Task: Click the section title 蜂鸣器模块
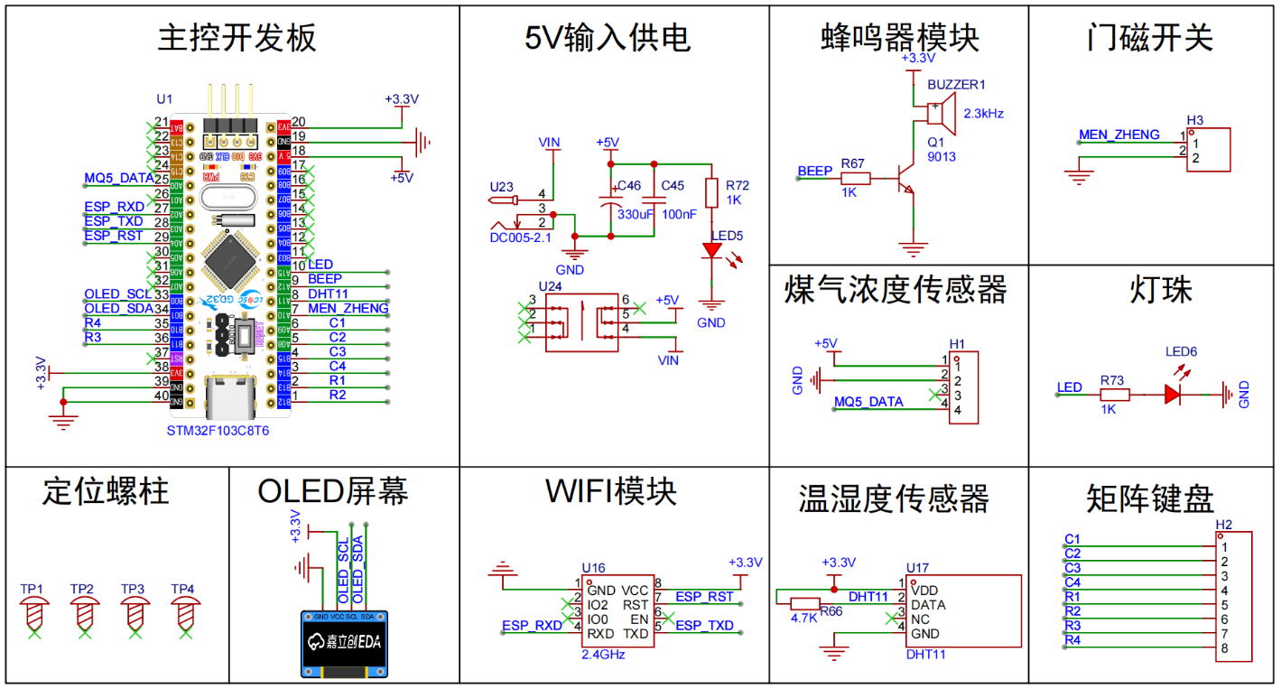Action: (899, 38)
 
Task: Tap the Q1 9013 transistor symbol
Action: (905, 179)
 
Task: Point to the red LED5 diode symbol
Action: (714, 253)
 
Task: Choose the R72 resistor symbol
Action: (712, 192)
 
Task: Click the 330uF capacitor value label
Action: (636, 214)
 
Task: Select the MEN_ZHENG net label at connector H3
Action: (1119, 135)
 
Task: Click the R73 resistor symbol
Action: (1113, 394)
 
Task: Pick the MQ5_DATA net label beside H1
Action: (868, 402)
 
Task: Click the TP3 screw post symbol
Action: (134, 614)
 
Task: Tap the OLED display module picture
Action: (348, 643)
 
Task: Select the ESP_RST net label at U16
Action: (704, 597)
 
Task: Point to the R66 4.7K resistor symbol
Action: (804, 604)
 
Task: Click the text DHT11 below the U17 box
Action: (925, 654)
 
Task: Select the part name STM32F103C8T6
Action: (218, 431)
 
